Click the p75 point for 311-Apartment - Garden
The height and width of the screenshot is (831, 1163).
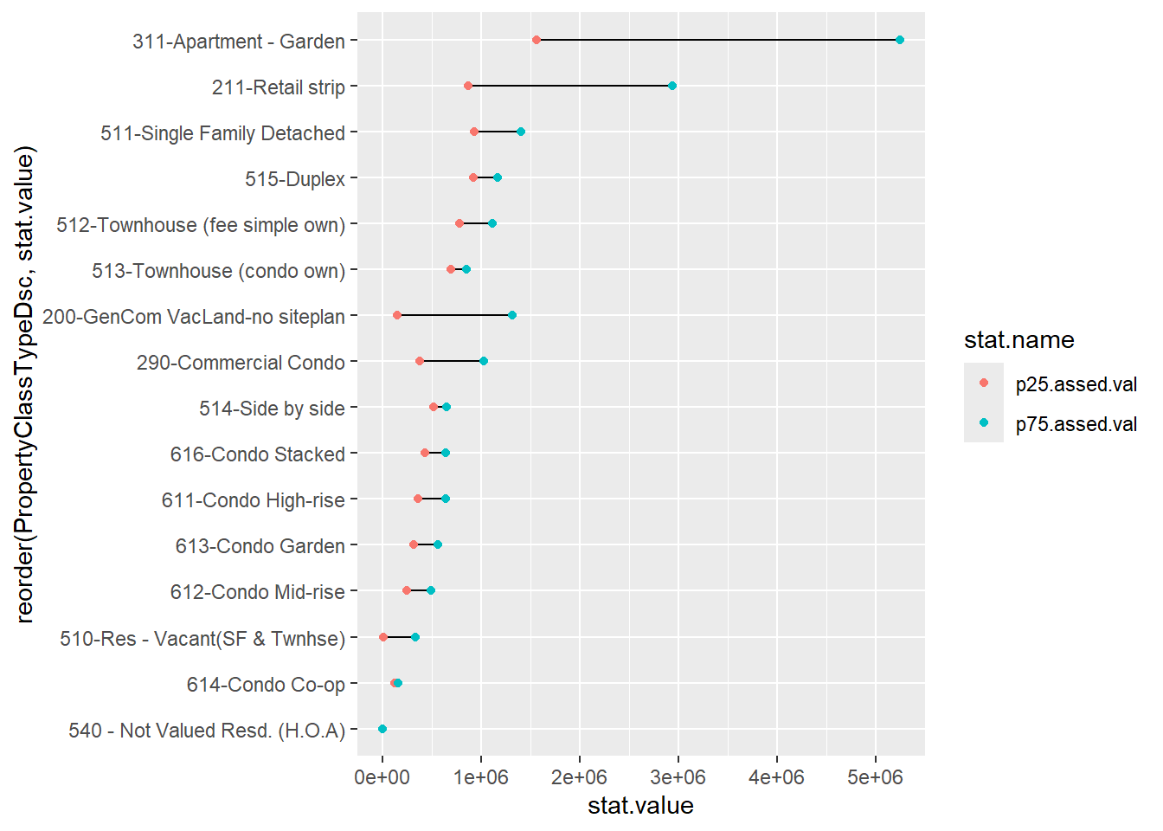click(x=900, y=40)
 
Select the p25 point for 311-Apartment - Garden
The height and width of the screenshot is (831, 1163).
click(x=537, y=40)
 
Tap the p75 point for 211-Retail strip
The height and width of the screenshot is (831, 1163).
click(x=672, y=86)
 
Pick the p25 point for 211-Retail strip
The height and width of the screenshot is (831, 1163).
click(x=468, y=86)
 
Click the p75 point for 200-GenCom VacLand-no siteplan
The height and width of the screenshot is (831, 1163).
click(x=512, y=315)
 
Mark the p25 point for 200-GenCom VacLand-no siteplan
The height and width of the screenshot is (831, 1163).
click(x=397, y=315)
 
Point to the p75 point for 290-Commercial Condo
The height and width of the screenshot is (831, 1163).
click(x=484, y=361)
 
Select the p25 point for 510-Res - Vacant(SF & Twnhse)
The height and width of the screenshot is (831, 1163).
click(x=383, y=637)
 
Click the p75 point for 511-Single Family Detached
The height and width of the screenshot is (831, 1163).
click(x=521, y=132)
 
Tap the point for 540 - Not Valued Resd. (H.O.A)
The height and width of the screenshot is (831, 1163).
click(x=382, y=729)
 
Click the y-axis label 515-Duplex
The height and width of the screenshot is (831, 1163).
click(x=295, y=179)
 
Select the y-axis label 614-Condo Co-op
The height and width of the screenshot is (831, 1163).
click(x=266, y=685)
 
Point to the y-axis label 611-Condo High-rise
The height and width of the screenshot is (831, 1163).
click(x=254, y=500)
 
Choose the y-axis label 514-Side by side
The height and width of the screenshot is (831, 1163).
click(x=272, y=409)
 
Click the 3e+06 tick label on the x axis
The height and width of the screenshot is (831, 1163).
click(x=678, y=777)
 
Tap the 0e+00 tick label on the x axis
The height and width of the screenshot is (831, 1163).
click(x=382, y=777)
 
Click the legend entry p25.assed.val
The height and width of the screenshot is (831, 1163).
click(x=1076, y=384)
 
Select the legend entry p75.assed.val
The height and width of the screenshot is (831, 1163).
click(x=1076, y=424)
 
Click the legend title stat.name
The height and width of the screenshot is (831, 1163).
click(x=1019, y=340)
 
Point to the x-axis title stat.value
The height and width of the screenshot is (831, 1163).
click(x=640, y=806)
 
